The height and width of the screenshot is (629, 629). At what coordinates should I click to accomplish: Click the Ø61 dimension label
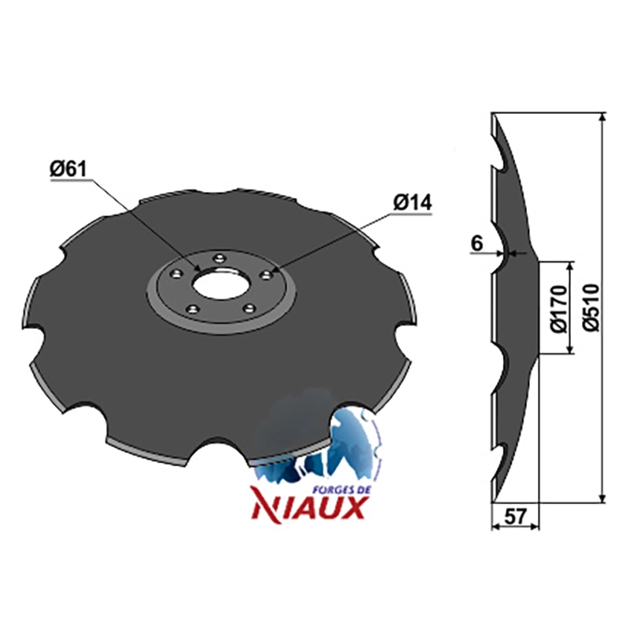[68, 170]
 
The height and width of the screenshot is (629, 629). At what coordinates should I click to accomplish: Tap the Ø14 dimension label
[413, 203]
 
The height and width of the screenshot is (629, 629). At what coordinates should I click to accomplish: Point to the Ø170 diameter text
[559, 309]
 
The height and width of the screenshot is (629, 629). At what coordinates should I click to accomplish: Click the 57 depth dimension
[514, 517]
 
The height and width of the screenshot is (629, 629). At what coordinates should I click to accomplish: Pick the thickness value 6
[477, 243]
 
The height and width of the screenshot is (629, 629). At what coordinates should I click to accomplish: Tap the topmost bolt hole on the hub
[219, 257]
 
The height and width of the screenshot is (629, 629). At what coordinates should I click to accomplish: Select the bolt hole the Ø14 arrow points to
[266, 274]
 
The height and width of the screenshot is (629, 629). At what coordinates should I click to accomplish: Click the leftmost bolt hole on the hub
[175, 274]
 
